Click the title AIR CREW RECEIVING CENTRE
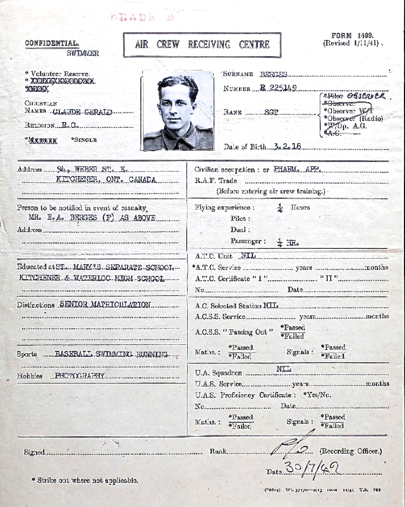coord(202,45)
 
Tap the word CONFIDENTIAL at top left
coord(52,43)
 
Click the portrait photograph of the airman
coord(177,111)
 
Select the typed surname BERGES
coord(273,75)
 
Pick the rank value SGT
coord(271,112)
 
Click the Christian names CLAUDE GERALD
coord(83,112)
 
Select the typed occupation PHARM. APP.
coord(297,169)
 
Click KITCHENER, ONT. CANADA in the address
coord(106,180)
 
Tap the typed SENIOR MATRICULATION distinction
coord(105,305)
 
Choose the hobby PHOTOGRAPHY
coord(79,376)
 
